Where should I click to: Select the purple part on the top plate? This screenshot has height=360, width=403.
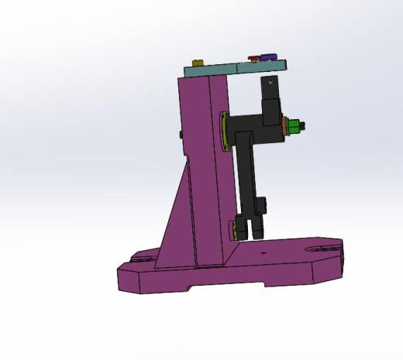coord(269,57)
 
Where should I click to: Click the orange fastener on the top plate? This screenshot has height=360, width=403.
coord(253,58)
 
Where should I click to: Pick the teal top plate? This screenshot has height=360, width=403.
coord(232,68)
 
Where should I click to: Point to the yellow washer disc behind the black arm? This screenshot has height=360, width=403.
coord(224,132)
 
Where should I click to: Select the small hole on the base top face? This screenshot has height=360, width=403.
coord(263,252)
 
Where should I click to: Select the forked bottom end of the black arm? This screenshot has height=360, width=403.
coord(250,228)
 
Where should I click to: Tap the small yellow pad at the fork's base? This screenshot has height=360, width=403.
coord(234,230)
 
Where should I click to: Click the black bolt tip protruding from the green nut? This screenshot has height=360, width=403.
coord(307,126)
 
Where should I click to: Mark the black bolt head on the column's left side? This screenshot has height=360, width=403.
coord(181,135)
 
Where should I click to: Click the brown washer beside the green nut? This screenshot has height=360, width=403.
coord(288,126)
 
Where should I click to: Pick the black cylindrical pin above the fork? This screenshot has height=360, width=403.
coord(263,205)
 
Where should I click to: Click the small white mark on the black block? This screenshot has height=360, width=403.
coord(270,81)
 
